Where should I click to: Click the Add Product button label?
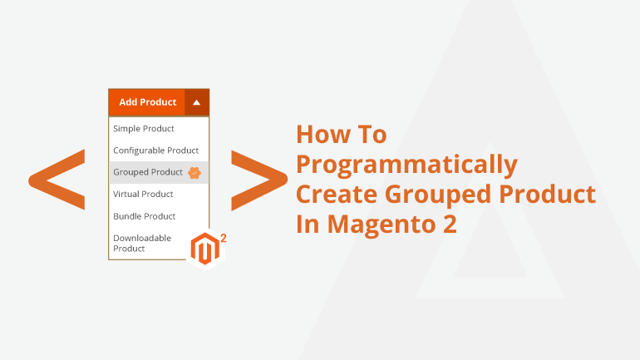pyautogui.click(x=147, y=102)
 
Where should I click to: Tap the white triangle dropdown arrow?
pyautogui.click(x=196, y=102)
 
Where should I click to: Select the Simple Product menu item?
pyautogui.click(x=144, y=129)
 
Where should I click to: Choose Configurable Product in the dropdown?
pyautogui.click(x=156, y=150)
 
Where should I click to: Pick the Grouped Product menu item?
pyautogui.click(x=148, y=172)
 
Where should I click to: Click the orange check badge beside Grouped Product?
pyautogui.click(x=194, y=173)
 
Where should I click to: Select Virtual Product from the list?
pyautogui.click(x=143, y=195)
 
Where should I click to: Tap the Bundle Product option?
pyautogui.click(x=144, y=216)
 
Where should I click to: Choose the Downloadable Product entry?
pyautogui.click(x=142, y=244)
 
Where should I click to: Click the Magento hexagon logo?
pyautogui.click(x=206, y=249)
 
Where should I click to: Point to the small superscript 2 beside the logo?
pyautogui.click(x=224, y=238)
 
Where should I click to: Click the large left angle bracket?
pyautogui.click(x=57, y=180)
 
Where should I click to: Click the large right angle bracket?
pyautogui.click(x=259, y=180)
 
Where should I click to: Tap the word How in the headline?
pyautogui.click(x=322, y=135)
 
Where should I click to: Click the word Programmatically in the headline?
pyautogui.click(x=406, y=165)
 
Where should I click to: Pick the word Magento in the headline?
pyautogui.click(x=382, y=225)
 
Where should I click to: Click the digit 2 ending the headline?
pyautogui.click(x=450, y=224)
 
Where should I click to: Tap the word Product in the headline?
pyautogui.click(x=548, y=194)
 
